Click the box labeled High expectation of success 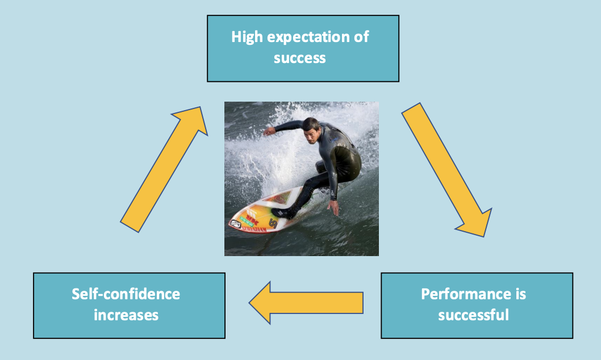tap(303, 48)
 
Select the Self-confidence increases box tap(129, 305)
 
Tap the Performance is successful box tap(477, 305)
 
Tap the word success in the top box tap(299, 57)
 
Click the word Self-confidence tap(126, 294)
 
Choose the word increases tap(126, 314)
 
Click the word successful tap(473, 314)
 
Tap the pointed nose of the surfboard tap(231, 224)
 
